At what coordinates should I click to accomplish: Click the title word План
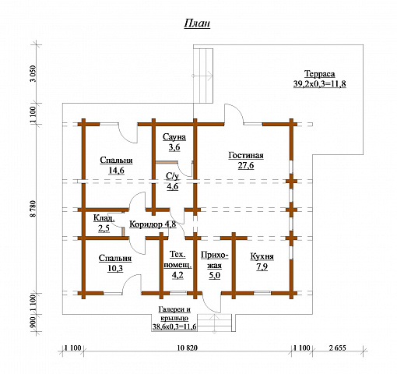pos(197,23)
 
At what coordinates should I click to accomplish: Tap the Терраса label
pos(319,74)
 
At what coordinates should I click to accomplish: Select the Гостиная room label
pos(246,155)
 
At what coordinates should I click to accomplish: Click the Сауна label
pos(174,137)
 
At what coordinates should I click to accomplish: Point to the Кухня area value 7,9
pos(262,266)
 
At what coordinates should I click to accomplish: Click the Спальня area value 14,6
pos(117,171)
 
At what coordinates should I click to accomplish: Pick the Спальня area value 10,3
pos(115,268)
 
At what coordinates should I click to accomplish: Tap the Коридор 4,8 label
pos(153,224)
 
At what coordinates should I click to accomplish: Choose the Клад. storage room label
pos(104,218)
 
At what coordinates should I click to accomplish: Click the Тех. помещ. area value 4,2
pos(177,275)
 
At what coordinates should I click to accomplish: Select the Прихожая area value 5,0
pos(215,275)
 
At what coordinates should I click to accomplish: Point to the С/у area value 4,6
pos(173,186)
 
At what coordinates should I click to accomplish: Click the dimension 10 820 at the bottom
pos(188,348)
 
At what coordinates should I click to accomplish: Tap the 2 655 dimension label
pos(338,348)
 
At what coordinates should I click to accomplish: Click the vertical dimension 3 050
pos(34,73)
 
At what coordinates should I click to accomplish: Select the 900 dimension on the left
pos(34,323)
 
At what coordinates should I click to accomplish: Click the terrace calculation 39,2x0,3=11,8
pos(320,83)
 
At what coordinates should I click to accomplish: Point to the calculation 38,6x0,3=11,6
pos(174,326)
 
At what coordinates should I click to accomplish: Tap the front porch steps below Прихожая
pos(214,323)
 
